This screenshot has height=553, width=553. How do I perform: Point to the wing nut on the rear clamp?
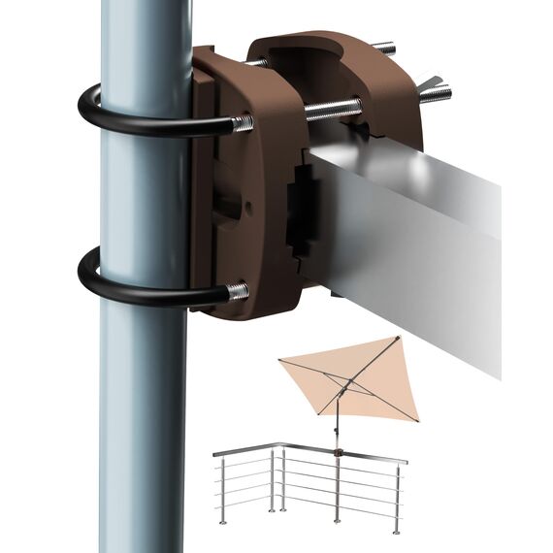click(x=433, y=91)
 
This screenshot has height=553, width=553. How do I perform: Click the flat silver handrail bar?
click(x=417, y=252)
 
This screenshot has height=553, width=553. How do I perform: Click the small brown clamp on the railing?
click(x=336, y=453)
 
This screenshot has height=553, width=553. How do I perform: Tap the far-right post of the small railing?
click(x=397, y=495)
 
